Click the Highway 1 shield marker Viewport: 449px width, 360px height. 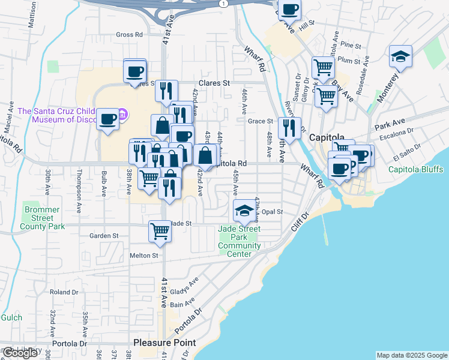pyautogui.click(x=223, y=4)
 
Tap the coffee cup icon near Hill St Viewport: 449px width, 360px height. pyautogui.click(x=289, y=10)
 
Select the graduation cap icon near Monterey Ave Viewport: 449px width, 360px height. pyautogui.click(x=400, y=57)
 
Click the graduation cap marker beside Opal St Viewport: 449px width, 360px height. pyautogui.click(x=244, y=211)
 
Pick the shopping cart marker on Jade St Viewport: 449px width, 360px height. pyautogui.click(x=160, y=230)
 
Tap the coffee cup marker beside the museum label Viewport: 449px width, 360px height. pyautogui.click(x=108, y=119)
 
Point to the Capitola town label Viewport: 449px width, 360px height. pyautogui.click(x=325, y=137)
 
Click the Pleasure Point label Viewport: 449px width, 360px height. pyautogui.click(x=164, y=343)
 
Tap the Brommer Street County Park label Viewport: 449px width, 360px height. pyautogui.click(x=42, y=218)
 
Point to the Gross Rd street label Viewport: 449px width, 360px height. pyautogui.click(x=129, y=35)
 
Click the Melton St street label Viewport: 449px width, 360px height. pyautogui.click(x=143, y=255)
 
